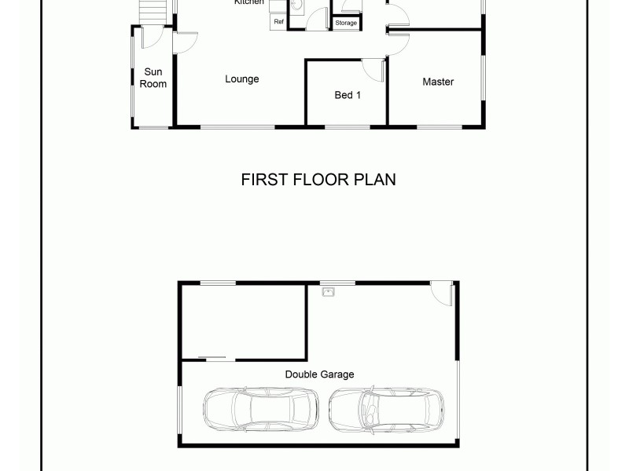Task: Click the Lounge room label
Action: pyautogui.click(x=241, y=78)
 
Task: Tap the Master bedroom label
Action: pyautogui.click(x=438, y=82)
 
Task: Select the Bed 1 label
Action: pyautogui.click(x=348, y=95)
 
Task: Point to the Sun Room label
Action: pyautogui.click(x=153, y=78)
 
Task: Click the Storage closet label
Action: pyautogui.click(x=346, y=24)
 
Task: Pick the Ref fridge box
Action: pyautogui.click(x=278, y=22)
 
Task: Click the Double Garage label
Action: pyautogui.click(x=319, y=374)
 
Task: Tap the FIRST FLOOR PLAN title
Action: pyautogui.click(x=318, y=180)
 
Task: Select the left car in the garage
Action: pyautogui.click(x=260, y=410)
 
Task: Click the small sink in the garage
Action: pyautogui.click(x=329, y=292)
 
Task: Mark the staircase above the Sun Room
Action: pyautogui.click(x=153, y=12)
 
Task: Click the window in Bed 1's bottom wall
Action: pyautogui.click(x=347, y=126)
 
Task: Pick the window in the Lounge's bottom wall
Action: pyautogui.click(x=237, y=126)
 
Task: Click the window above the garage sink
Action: pyautogui.click(x=337, y=283)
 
